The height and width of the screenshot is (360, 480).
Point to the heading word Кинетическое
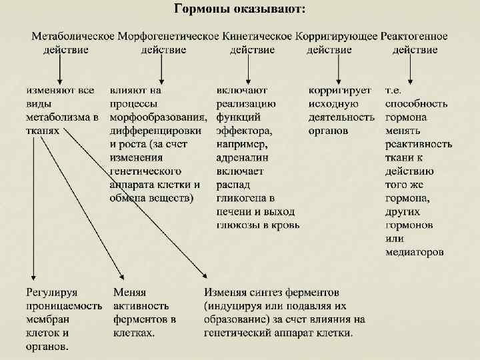pyautogui.click(x=254, y=35)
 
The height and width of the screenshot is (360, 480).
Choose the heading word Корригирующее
pyautogui.click(x=336, y=35)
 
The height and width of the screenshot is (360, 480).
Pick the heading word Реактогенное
pyautogui.click(x=415, y=35)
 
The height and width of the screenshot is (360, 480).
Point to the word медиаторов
pyautogui.click(x=415, y=252)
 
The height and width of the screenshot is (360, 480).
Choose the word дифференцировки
pyautogui.click(x=156, y=131)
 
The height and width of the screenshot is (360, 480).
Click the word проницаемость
pyautogui.click(x=63, y=305)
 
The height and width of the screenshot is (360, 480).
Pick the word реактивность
pyautogui.click(x=418, y=144)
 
